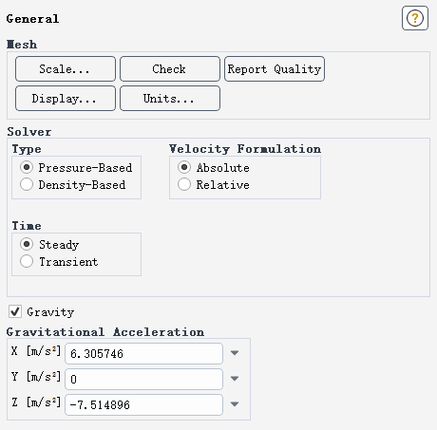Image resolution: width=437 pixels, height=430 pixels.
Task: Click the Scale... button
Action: pyautogui.click(x=66, y=69)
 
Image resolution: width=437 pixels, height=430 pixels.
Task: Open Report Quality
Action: pyautogui.click(x=275, y=69)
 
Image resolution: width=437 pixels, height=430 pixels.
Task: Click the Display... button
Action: pyautogui.click(x=66, y=99)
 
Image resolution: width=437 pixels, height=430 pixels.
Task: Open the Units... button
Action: pyautogui.click(x=170, y=99)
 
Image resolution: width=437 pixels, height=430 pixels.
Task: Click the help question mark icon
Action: pyautogui.click(x=415, y=18)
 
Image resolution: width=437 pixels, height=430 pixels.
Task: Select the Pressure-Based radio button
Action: pyautogui.click(x=27, y=167)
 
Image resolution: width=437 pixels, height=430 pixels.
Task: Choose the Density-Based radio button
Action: pyautogui.click(x=27, y=184)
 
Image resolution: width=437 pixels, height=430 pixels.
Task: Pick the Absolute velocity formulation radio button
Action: pyautogui.click(x=184, y=167)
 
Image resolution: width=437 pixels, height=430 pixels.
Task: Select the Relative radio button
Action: pyautogui.click(x=184, y=184)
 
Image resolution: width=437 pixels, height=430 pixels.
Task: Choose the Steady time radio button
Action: pyautogui.click(x=27, y=244)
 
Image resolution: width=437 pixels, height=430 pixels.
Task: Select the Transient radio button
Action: pyautogui.click(x=27, y=261)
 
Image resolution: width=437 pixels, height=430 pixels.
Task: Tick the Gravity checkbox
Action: pyautogui.click(x=15, y=311)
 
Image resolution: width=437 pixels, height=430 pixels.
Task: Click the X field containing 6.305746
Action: pyautogui.click(x=143, y=353)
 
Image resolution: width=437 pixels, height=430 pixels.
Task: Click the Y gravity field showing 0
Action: pyautogui.click(x=143, y=379)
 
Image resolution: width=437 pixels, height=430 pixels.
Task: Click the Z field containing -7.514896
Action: pyautogui.click(x=143, y=404)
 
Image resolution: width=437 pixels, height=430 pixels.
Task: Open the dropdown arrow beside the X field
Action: pyautogui.click(x=235, y=353)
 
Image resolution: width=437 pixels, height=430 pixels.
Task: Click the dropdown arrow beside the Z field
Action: pyautogui.click(x=235, y=404)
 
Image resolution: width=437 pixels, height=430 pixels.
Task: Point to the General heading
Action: pyautogui.click(x=32, y=19)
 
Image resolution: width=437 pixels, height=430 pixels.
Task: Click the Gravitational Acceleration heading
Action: pyautogui.click(x=105, y=332)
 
